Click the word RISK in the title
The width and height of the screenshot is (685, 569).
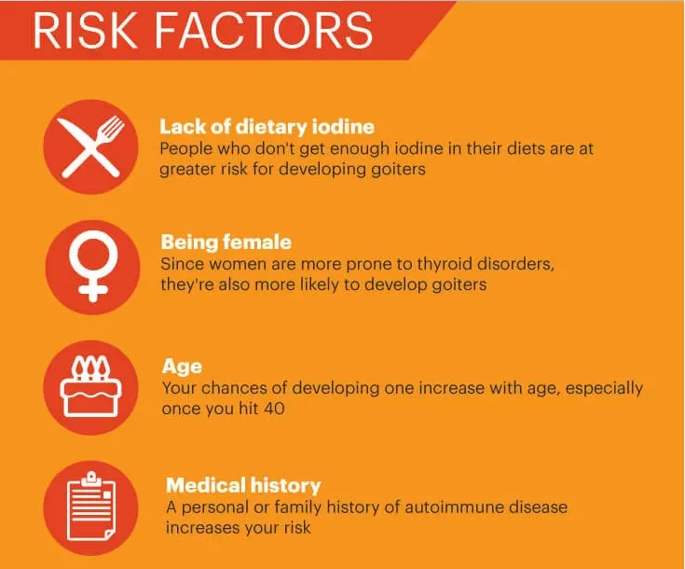[x=85, y=30]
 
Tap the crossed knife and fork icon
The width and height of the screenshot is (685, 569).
[x=91, y=147]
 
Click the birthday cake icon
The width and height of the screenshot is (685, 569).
[x=91, y=387]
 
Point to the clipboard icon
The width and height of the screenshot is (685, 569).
[x=91, y=507]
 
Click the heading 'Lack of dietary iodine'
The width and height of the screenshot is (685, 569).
[x=267, y=127]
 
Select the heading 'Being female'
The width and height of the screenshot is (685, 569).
[x=226, y=243]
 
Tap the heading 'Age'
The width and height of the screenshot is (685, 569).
[x=182, y=367]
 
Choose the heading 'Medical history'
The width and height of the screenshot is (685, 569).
[x=243, y=485]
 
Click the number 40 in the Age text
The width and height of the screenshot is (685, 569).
[x=274, y=409]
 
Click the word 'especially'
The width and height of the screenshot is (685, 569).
[x=604, y=389]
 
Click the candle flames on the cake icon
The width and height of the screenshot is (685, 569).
[x=91, y=367]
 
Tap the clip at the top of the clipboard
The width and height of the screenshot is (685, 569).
[x=91, y=479]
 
